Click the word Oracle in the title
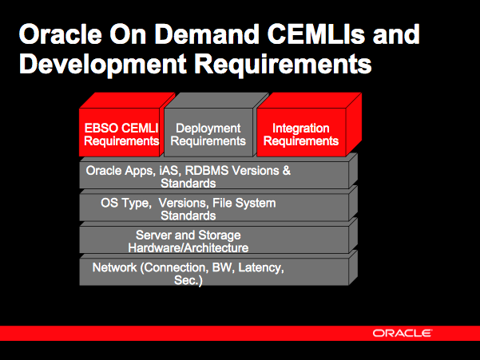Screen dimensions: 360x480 coord(60,35)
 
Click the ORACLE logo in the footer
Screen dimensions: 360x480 coord(403,333)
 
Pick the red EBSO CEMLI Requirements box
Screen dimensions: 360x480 coord(121,134)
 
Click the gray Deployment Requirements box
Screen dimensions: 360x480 coord(208,134)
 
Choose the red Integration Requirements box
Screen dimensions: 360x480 coord(301,134)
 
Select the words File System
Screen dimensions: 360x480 coord(250,204)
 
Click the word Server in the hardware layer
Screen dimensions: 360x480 coord(155,235)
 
